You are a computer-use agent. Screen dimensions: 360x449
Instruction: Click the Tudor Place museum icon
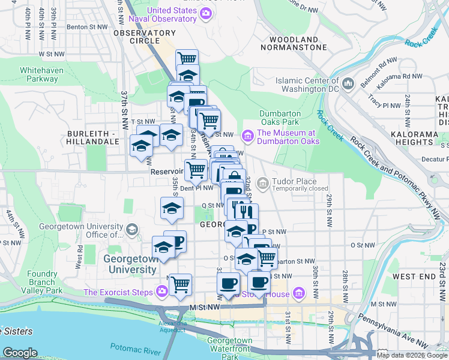(262, 182)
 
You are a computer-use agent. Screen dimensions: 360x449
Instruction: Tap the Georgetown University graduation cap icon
(132, 230)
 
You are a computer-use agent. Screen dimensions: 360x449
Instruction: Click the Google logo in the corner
(20, 353)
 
